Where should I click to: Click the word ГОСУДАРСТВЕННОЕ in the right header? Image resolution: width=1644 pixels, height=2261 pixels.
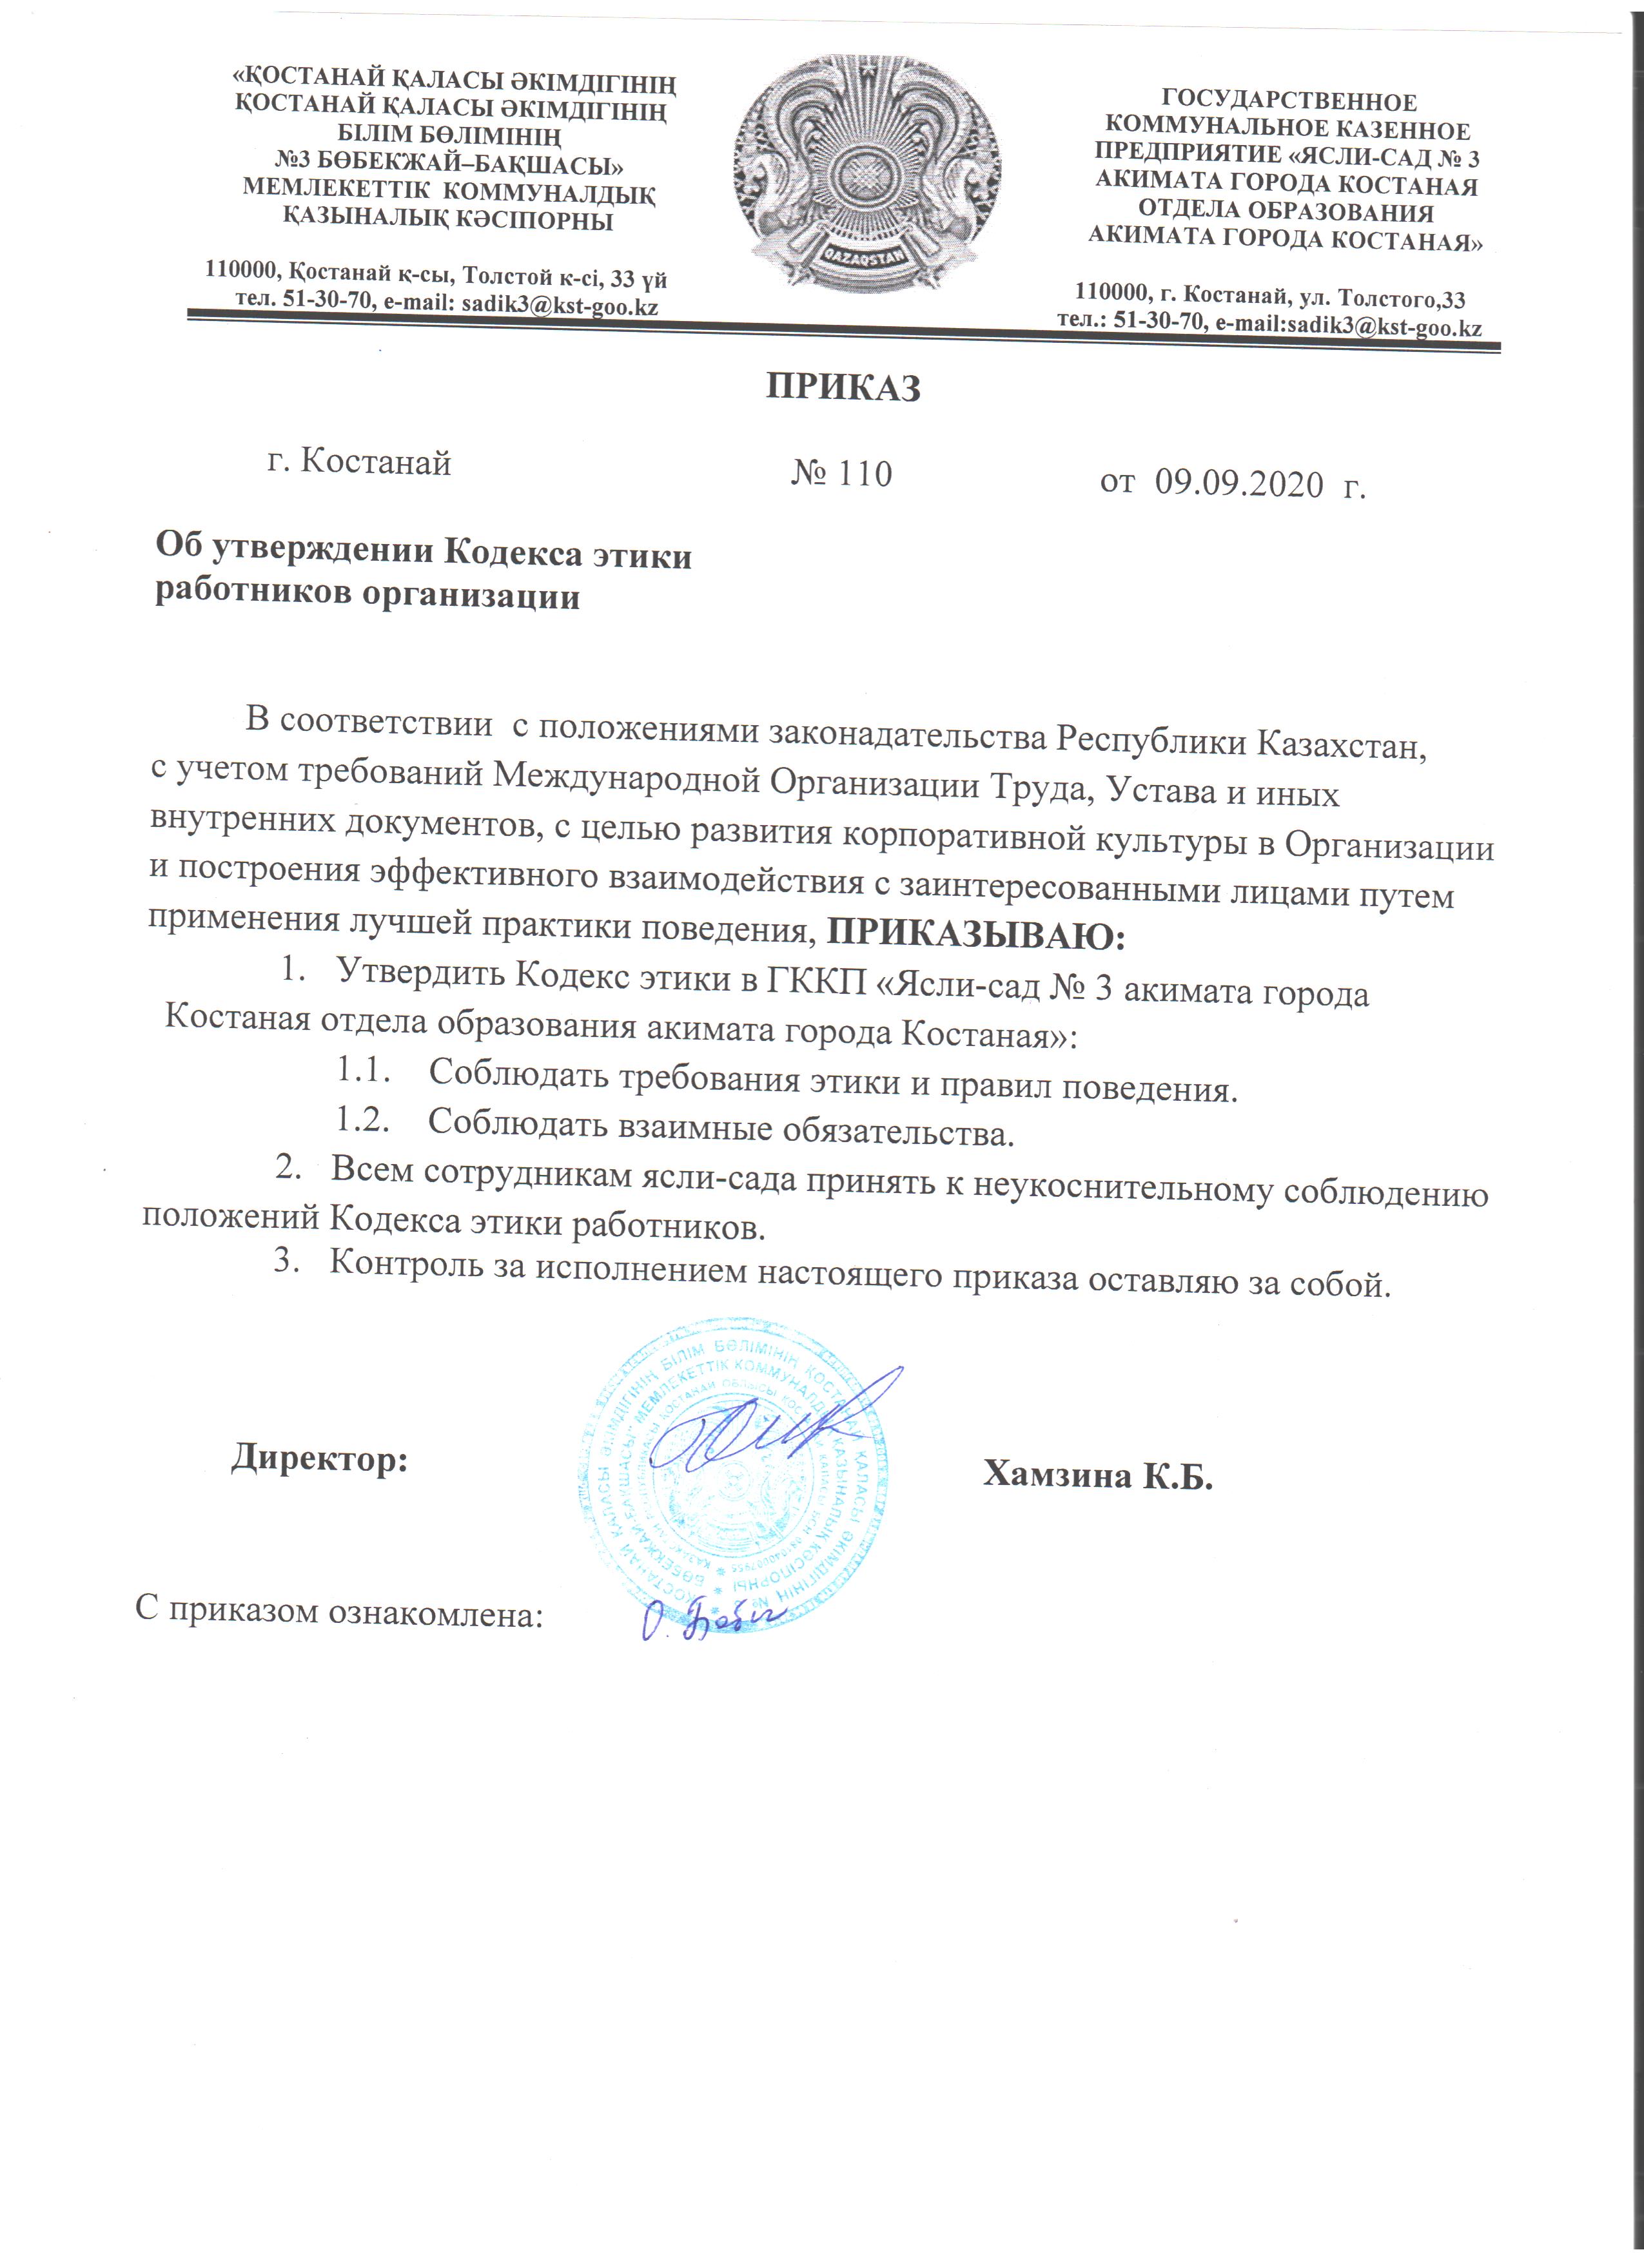pyautogui.click(x=1288, y=102)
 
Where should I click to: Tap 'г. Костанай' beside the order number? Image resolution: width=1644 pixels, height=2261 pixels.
pyautogui.click(x=360, y=461)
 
